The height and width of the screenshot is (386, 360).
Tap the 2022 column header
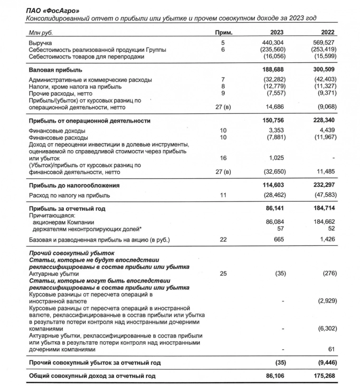point(327,32)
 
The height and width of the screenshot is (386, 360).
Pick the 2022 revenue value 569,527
point(324,43)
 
